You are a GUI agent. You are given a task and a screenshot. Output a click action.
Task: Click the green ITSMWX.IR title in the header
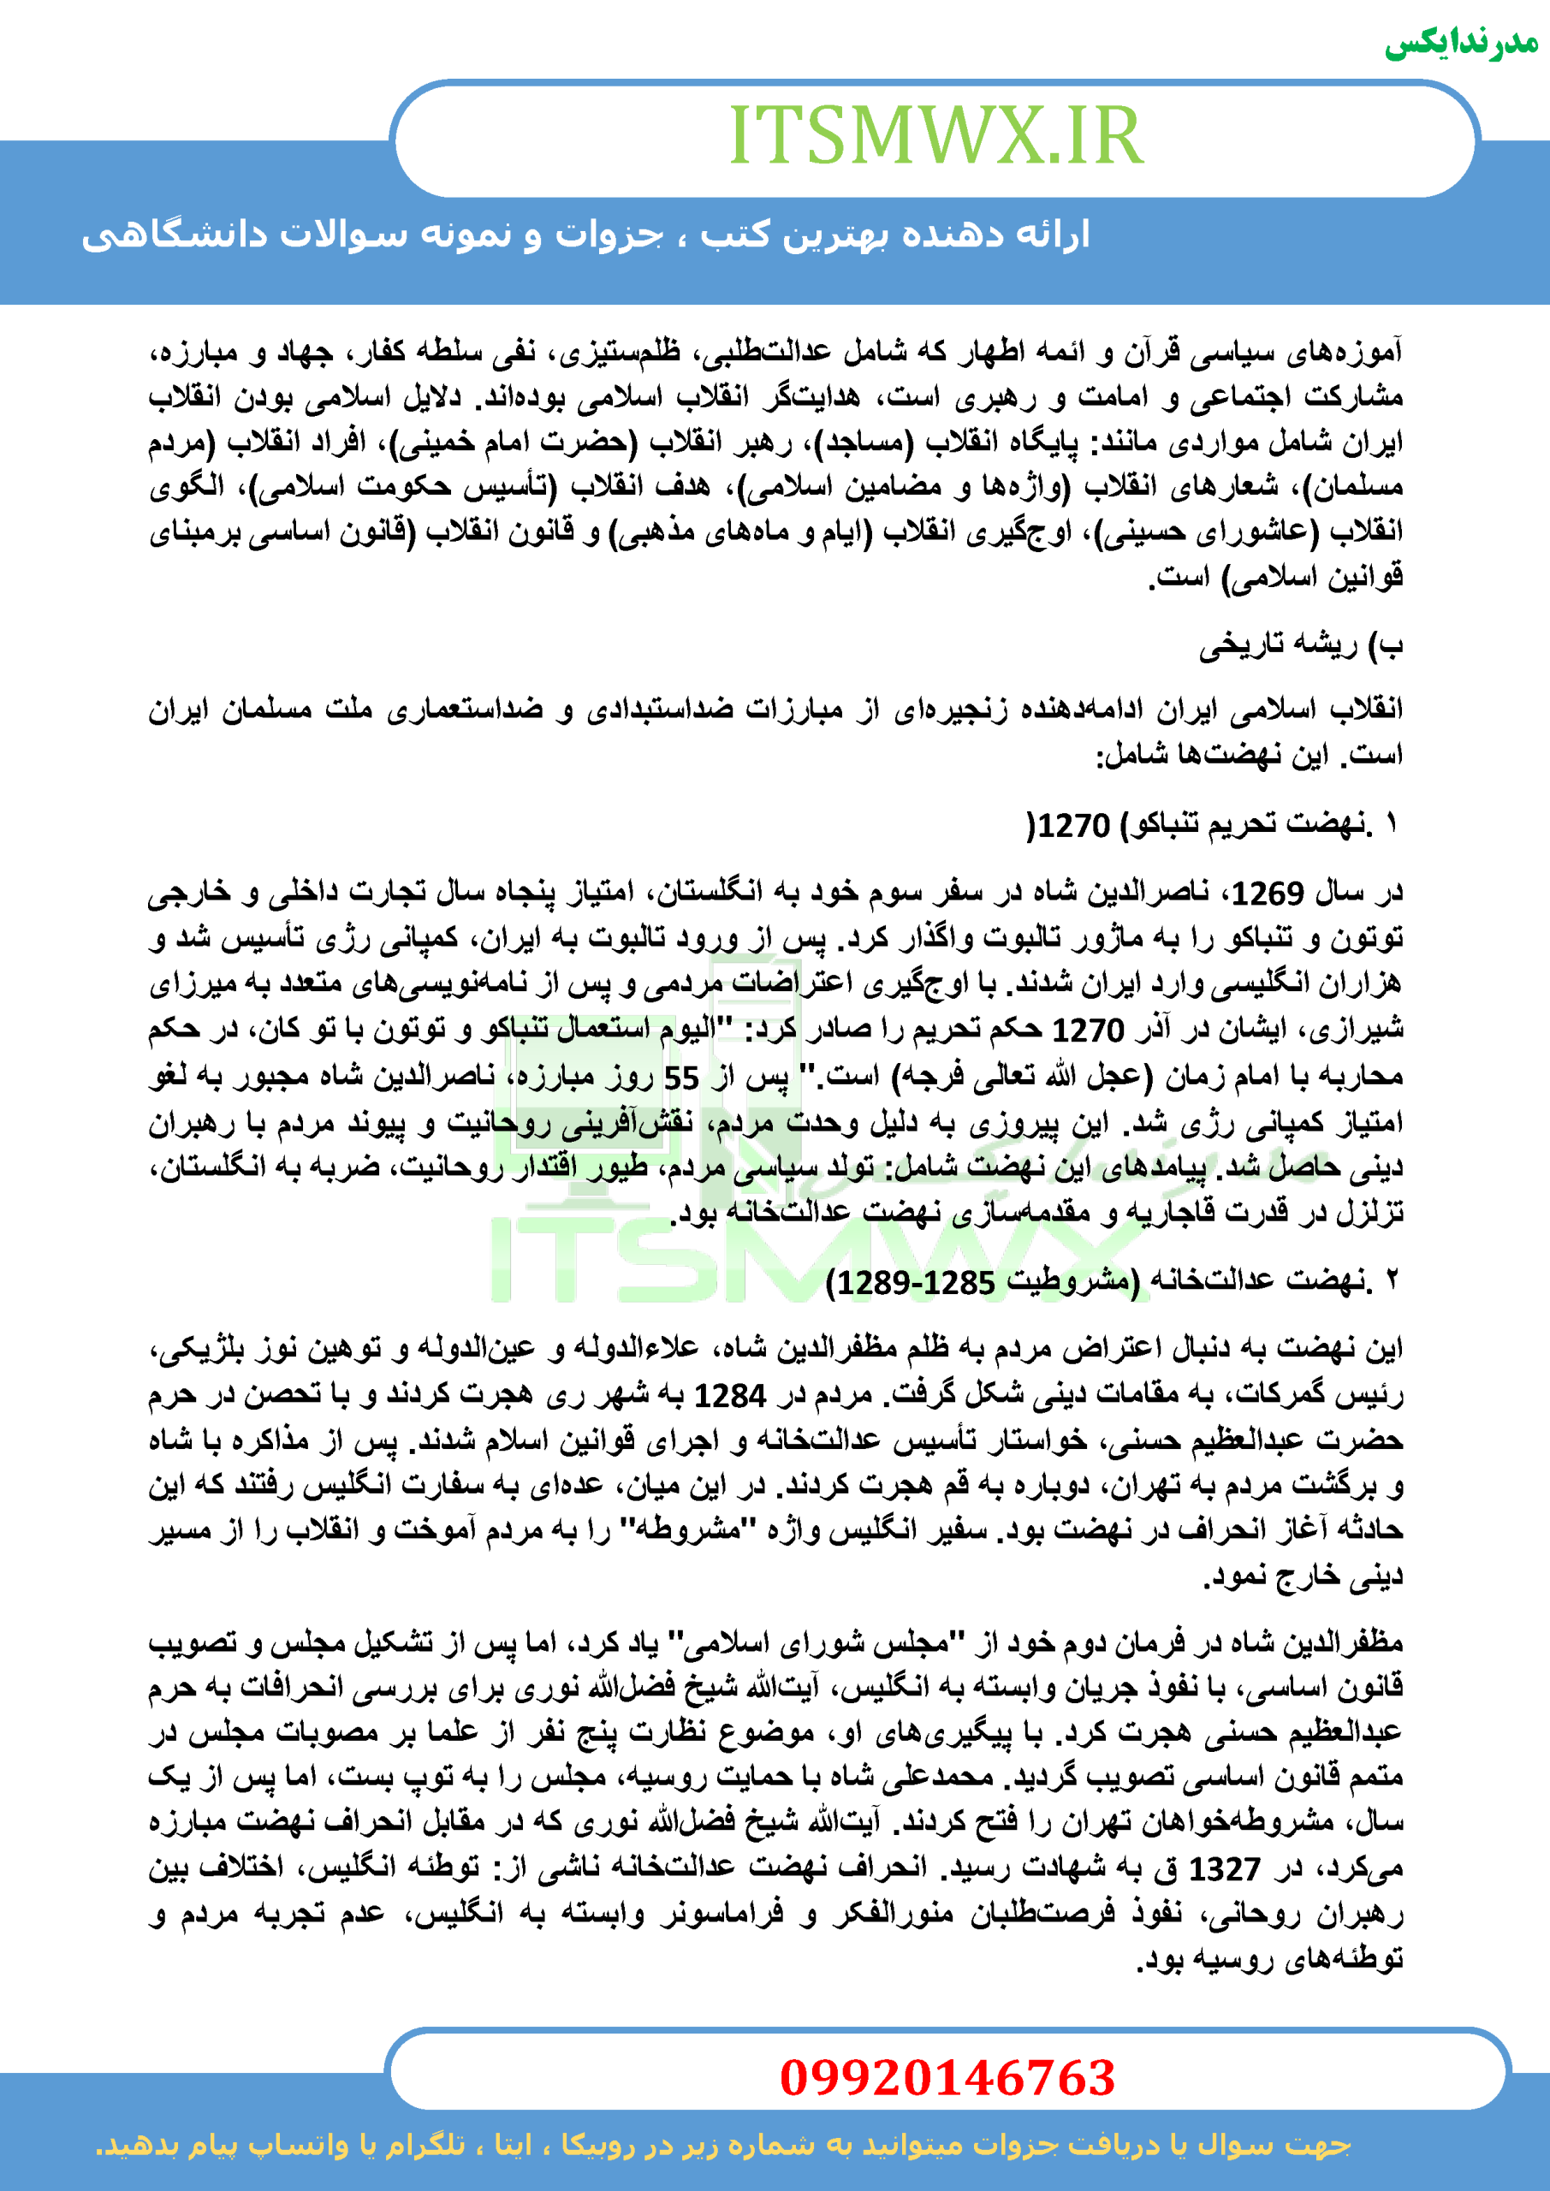(x=935, y=136)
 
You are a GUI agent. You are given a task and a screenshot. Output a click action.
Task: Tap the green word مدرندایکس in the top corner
(x=1460, y=44)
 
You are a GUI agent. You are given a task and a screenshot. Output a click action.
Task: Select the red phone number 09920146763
(x=947, y=2077)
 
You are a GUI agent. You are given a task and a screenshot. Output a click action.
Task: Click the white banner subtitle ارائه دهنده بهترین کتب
(x=584, y=235)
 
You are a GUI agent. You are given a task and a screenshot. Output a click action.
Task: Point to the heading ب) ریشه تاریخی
(x=1301, y=646)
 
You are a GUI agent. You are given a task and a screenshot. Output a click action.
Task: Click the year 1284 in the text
(x=729, y=1396)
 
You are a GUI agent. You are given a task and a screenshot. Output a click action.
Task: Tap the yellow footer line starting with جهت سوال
(x=723, y=2145)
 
